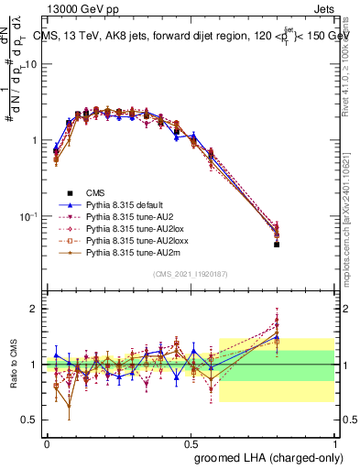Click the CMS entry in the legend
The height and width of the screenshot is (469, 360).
point(95,192)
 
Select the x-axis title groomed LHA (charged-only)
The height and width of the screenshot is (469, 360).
point(267,457)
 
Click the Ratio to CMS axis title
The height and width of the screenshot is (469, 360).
point(14,365)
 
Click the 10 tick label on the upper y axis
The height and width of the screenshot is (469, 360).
point(30,64)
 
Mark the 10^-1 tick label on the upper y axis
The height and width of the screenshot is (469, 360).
point(27,216)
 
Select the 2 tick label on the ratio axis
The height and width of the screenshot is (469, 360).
point(34,309)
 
